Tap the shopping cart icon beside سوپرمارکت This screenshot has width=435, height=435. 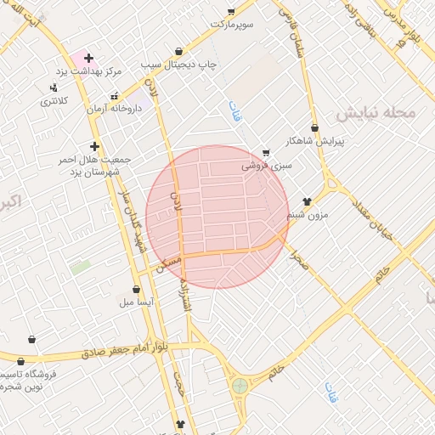pyautogui.click(x=231, y=11)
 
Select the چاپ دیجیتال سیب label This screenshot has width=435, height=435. pyautogui.click(x=179, y=65)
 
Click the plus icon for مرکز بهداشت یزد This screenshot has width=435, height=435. pyautogui.click(x=88, y=58)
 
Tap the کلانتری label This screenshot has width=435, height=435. pyautogui.click(x=54, y=101)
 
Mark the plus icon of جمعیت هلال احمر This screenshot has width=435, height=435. pyautogui.click(x=95, y=145)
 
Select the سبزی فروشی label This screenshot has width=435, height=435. pyautogui.click(x=266, y=166)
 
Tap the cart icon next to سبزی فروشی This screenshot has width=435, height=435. pyautogui.click(x=266, y=153)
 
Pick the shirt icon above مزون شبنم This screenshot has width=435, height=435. pyautogui.click(x=307, y=201)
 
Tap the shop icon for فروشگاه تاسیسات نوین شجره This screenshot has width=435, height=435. pyautogui.click(x=32, y=339)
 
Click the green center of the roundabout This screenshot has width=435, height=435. pyautogui.click(x=240, y=386)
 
